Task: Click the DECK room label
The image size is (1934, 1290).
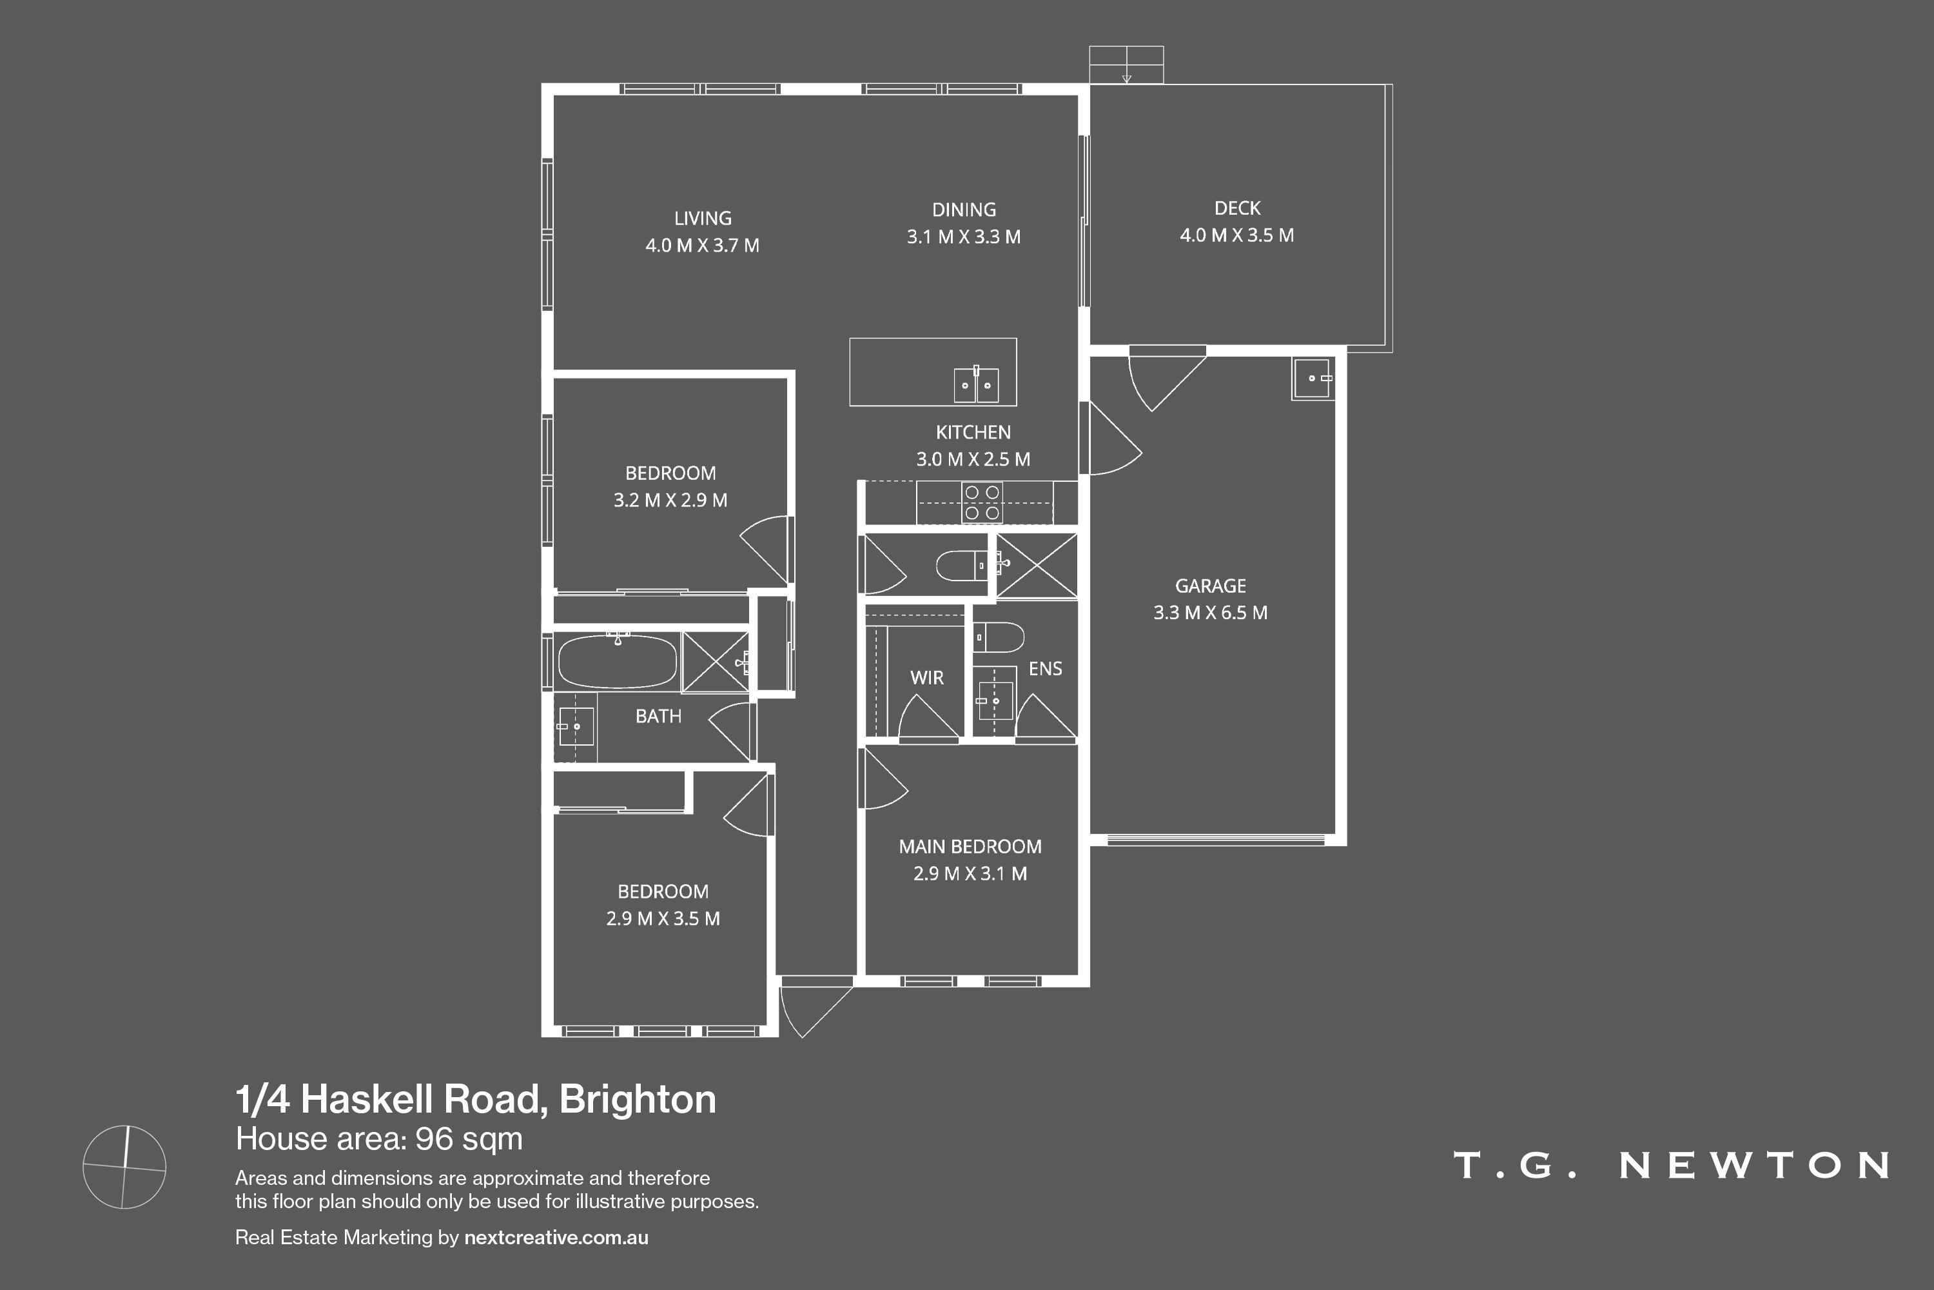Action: click(x=1236, y=208)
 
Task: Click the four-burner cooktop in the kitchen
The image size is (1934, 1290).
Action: click(x=981, y=502)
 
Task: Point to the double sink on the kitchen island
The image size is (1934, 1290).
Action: click(x=976, y=385)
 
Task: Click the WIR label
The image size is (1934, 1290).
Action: click(x=927, y=678)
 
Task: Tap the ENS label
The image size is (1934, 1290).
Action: click(x=1045, y=669)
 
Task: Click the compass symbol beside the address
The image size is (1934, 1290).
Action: click(x=124, y=1167)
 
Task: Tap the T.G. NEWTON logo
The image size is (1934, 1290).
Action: click(x=1671, y=1166)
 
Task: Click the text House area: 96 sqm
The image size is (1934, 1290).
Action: click(x=379, y=1138)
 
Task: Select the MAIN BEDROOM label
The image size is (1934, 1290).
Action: click(x=970, y=846)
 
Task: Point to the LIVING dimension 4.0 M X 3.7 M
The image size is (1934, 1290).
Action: click(x=701, y=245)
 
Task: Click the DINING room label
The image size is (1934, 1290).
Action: click(x=964, y=210)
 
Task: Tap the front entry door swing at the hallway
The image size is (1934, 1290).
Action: click(x=814, y=1010)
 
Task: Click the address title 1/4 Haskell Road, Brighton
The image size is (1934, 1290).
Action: click(x=475, y=1099)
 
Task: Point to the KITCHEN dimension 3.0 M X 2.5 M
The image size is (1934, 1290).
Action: click(x=973, y=459)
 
